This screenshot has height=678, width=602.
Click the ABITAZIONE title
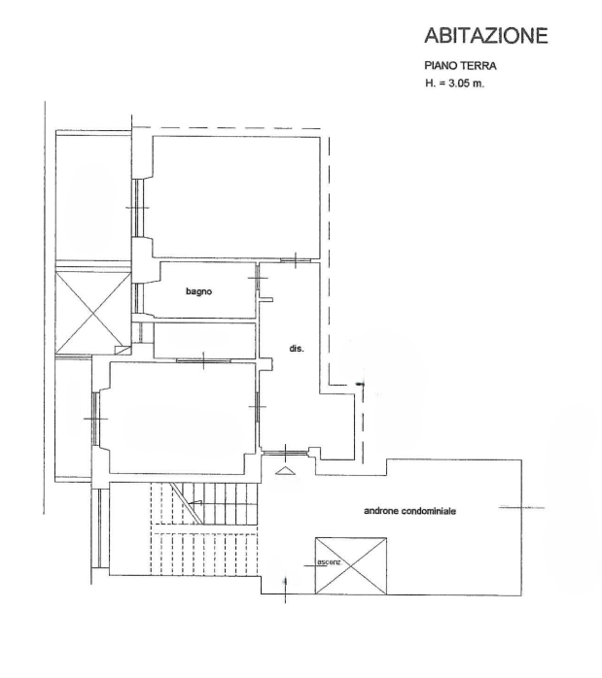[x=486, y=36]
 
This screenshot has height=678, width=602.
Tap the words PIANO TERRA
[x=460, y=66]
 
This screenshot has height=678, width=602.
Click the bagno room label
[x=199, y=291]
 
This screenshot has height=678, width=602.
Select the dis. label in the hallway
[x=297, y=348]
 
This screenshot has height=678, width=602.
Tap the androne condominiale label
[x=409, y=511]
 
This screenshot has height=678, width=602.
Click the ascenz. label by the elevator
[x=329, y=562]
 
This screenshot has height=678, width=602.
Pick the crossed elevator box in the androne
[x=350, y=565]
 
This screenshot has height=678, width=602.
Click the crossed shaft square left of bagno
[x=93, y=312]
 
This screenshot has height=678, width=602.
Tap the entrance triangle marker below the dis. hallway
[x=285, y=471]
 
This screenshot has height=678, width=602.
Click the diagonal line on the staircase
[x=186, y=503]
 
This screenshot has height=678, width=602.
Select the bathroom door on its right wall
[x=257, y=277]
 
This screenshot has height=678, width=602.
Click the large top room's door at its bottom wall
[x=296, y=260]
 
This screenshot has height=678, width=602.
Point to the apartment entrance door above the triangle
[x=286, y=453]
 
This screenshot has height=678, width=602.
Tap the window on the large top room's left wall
[x=138, y=208]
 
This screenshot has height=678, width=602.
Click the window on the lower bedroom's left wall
[x=96, y=419]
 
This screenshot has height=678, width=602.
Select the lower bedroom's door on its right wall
[x=257, y=406]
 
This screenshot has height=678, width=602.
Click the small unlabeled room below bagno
[x=204, y=340]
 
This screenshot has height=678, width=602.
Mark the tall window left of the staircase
[x=100, y=528]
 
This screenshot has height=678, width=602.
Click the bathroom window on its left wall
[x=138, y=298]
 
